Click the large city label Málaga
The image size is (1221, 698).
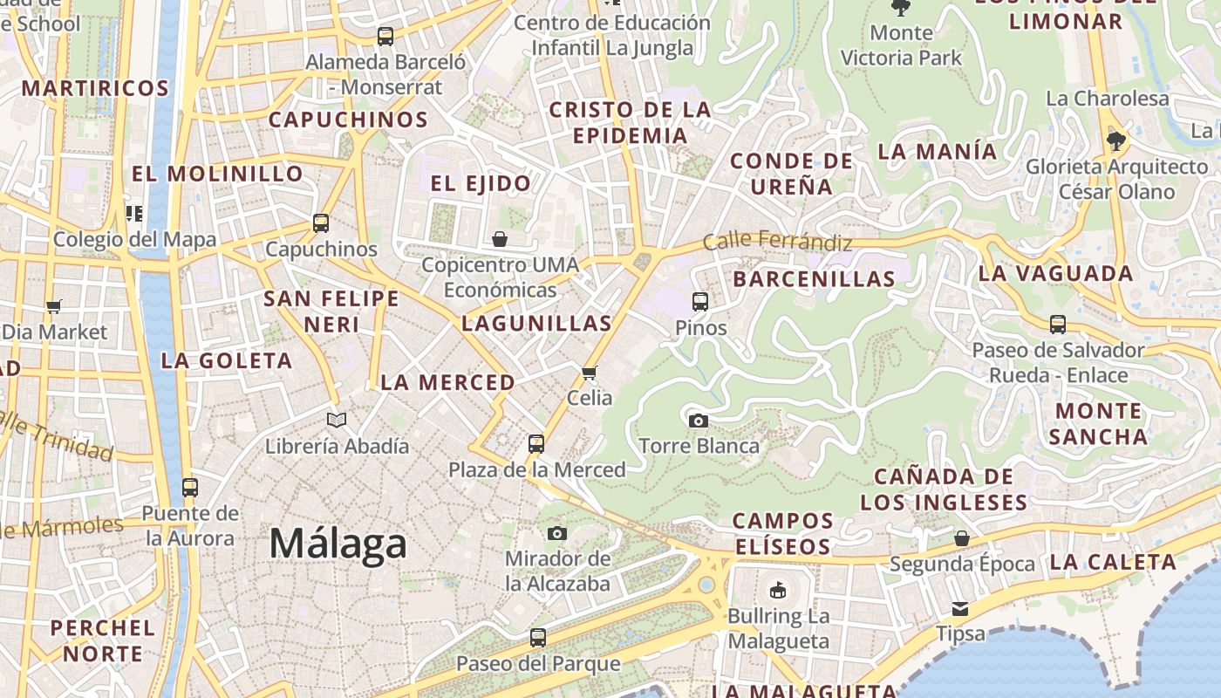tap(338, 544)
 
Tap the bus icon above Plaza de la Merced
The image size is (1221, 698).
tap(536, 444)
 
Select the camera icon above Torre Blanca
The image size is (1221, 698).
tap(698, 421)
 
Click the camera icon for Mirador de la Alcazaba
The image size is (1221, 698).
tap(557, 533)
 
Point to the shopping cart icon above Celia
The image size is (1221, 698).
tap(590, 373)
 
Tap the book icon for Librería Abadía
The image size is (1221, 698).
tap(337, 421)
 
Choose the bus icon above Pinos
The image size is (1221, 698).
tap(699, 302)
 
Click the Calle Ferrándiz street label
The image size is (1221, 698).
tap(777, 240)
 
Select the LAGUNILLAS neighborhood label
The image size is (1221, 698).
tap(536, 324)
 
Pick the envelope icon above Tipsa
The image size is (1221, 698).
tap(960, 608)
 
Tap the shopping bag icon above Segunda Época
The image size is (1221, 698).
tap(961, 538)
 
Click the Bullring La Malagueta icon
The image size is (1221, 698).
tap(777, 591)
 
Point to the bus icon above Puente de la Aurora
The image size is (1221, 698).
tap(189, 488)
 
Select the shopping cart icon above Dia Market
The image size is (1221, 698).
tap(54, 306)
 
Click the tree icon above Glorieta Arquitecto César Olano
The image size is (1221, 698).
tap(1115, 140)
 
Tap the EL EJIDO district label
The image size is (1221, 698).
tap(481, 183)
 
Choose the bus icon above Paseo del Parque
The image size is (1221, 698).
tap(538, 638)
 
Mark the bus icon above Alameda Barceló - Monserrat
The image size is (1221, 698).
tap(385, 37)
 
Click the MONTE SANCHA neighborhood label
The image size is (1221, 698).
tap(1098, 423)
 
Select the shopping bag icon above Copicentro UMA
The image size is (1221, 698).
tap(500, 239)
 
